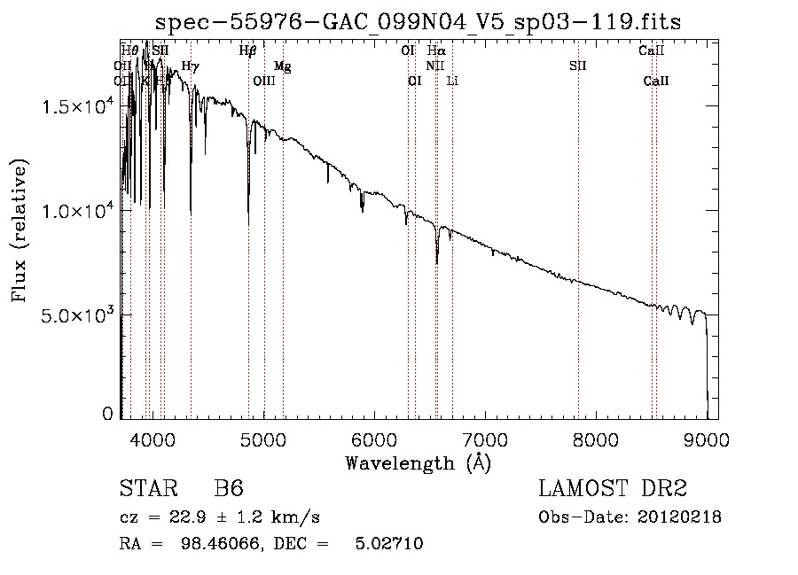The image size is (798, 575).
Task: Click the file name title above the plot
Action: click(419, 21)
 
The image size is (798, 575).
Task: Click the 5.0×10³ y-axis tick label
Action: click(74, 315)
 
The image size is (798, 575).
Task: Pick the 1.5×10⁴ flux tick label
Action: click(74, 106)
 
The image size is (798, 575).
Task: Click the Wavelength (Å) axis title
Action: click(418, 462)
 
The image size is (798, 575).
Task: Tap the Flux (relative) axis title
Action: click(20, 230)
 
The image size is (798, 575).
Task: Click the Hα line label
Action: click(436, 51)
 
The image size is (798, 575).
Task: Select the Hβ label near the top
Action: click(248, 51)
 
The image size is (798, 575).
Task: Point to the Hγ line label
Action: click(190, 66)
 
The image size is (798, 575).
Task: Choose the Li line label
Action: click(452, 82)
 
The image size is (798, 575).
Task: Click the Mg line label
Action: click(282, 66)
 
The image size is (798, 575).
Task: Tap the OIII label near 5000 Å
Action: click(264, 82)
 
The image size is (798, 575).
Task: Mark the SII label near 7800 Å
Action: click(578, 66)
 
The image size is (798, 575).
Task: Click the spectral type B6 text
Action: click(229, 490)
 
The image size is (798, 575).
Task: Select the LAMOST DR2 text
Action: click(613, 490)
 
